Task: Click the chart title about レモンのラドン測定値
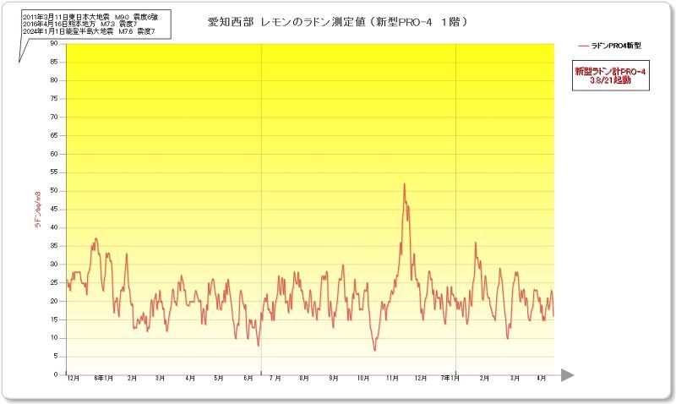338,21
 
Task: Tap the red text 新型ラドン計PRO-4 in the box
609,72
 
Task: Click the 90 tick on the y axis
54,43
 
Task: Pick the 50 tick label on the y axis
54,190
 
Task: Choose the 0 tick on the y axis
56,374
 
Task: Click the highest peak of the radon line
405,183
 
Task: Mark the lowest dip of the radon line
373,350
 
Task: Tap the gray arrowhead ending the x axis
567,374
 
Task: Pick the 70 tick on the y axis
54,117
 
